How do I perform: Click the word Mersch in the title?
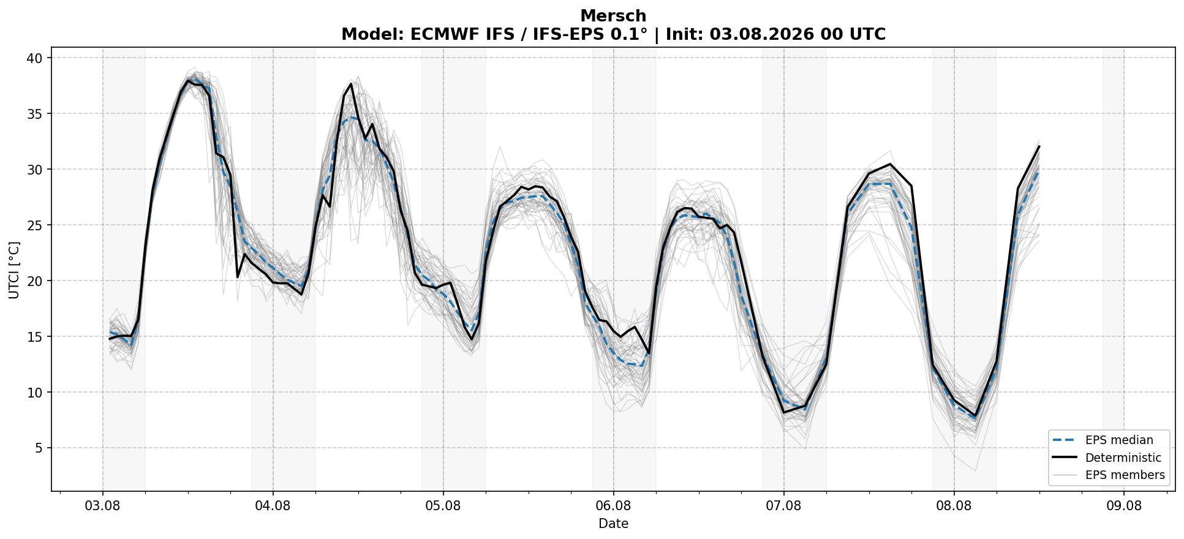(x=613, y=16)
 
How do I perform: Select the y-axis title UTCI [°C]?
(x=14, y=270)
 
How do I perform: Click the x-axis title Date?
(x=613, y=524)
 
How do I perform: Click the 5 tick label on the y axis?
(x=39, y=448)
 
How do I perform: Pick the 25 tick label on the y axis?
(x=34, y=225)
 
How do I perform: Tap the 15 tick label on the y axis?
(x=34, y=336)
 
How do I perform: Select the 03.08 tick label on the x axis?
(x=102, y=506)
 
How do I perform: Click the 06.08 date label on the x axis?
(x=613, y=506)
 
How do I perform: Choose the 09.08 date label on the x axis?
(x=1124, y=506)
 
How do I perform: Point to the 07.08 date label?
(x=783, y=506)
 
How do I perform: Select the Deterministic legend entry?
(x=1106, y=458)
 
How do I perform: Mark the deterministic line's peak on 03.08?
(x=188, y=80)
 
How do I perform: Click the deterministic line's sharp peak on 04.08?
(x=351, y=84)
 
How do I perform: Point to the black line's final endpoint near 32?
(x=1039, y=146)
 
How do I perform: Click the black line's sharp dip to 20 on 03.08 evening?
(x=238, y=277)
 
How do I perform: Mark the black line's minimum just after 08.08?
(x=975, y=416)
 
